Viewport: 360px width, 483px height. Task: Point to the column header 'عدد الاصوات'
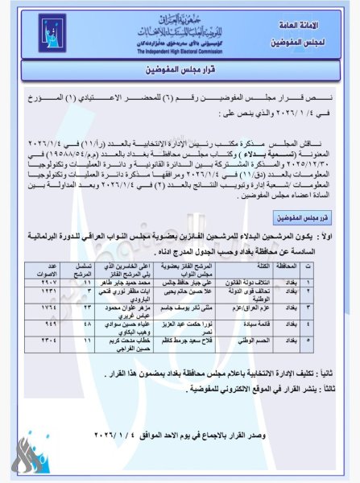(x=49, y=269)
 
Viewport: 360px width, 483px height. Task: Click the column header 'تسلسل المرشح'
(x=81, y=269)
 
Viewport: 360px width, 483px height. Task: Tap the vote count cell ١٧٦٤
(x=50, y=307)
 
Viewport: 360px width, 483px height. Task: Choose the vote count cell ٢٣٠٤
(x=50, y=339)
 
